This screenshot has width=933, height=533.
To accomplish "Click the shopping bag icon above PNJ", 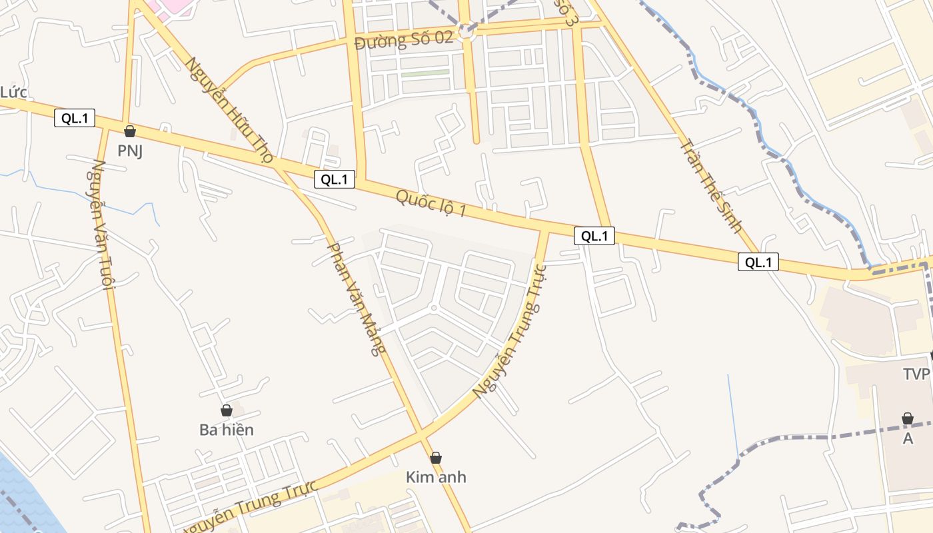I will pos(130,131).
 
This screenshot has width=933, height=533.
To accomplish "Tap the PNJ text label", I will pos(131,151).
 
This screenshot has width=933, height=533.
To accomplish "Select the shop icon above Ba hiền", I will pos(227,410).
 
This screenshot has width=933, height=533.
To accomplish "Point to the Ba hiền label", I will pos(227,430).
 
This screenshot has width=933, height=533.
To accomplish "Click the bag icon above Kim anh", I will pos(436,458).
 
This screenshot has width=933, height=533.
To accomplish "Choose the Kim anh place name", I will pos(436,477).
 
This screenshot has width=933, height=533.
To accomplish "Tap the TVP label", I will pos(916,374).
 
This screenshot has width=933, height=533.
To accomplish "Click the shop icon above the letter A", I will pos(907,418).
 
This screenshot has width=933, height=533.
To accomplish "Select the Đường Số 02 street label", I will pos(404,41).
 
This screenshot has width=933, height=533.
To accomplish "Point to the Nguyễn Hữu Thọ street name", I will pos(229,111).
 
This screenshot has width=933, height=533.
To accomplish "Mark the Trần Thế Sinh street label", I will pos(710,185).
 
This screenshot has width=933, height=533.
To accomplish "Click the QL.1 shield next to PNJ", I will pos(75,119).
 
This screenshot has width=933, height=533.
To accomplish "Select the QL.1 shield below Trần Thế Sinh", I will pos(758,263).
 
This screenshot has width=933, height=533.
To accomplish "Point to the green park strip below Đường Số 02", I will pos(425,73).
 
